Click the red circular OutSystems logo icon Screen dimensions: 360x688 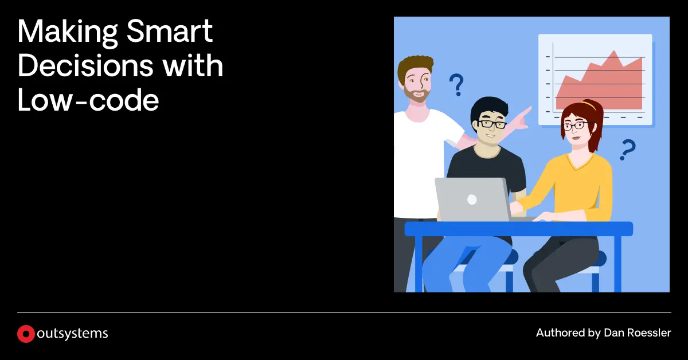click(26, 334)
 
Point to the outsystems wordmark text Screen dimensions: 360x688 click(72, 334)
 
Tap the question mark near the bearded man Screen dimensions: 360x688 click(456, 85)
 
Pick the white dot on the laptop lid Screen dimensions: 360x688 click(472, 199)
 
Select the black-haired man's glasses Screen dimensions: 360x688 click(492, 124)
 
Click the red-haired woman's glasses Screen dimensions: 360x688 click(574, 126)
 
